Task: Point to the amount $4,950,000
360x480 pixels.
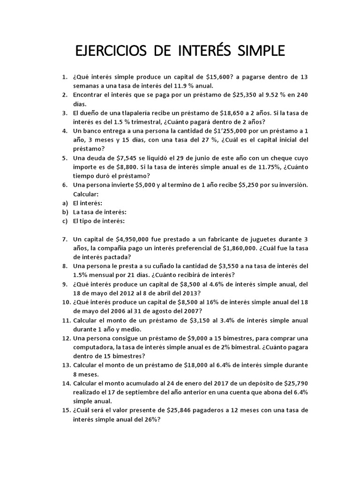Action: pyautogui.click(x=140, y=239)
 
